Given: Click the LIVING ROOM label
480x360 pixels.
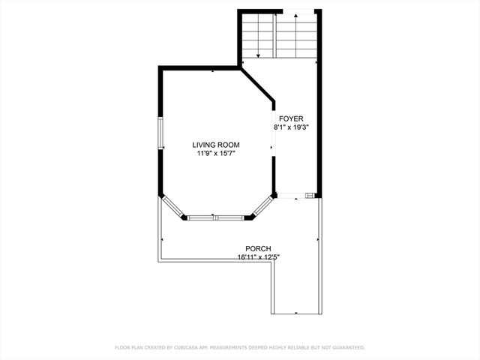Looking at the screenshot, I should (x=215, y=145).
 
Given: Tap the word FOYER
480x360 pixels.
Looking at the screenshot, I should (x=291, y=118).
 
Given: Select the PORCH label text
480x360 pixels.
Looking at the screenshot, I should (x=258, y=249).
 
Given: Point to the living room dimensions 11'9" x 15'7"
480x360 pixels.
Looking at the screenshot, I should (x=215, y=154).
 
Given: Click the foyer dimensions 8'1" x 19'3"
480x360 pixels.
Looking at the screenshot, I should (x=291, y=127).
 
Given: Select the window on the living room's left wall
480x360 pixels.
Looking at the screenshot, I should (x=160, y=133).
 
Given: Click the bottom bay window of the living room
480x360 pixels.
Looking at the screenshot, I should (x=214, y=218).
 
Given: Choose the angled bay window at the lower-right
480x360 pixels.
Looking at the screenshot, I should (x=262, y=208).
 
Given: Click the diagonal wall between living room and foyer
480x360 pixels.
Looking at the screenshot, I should (x=258, y=85).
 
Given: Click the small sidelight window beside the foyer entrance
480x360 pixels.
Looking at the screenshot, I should (x=310, y=196).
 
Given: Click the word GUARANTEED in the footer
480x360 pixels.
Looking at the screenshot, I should (x=346, y=348).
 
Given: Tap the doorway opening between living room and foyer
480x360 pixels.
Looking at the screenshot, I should (x=273, y=135).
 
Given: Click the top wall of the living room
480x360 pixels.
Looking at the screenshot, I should (x=199, y=68).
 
